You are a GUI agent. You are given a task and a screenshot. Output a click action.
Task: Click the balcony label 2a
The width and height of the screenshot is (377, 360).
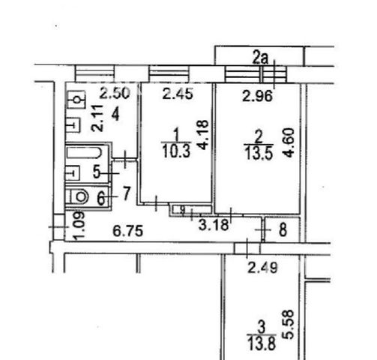260,58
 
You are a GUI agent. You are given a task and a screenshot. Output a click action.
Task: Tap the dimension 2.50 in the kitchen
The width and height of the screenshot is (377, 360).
115,93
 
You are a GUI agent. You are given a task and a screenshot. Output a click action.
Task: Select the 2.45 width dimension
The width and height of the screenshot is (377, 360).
178,94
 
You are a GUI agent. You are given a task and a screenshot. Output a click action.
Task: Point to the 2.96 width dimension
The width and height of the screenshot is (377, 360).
257,96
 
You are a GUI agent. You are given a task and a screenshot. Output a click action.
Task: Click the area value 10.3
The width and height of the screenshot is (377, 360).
176,151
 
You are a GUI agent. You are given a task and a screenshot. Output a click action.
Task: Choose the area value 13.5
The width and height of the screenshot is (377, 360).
259,153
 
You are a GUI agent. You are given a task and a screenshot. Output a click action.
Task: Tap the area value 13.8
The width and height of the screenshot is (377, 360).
262,343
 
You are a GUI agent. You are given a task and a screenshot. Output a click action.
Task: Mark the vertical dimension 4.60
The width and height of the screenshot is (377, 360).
289,142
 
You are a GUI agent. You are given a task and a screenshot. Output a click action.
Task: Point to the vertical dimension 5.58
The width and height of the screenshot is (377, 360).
289,325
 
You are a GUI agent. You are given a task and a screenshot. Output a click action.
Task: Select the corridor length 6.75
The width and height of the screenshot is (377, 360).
128,231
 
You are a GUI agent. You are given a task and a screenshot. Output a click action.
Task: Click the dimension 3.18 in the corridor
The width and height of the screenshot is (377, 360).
214,225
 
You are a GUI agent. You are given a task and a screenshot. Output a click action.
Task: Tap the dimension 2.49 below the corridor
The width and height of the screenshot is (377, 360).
262,268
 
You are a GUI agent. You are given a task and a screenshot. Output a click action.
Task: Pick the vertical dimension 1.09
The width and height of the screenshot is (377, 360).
80,226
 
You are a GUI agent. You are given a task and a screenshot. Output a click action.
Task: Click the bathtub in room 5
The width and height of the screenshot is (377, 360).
85,152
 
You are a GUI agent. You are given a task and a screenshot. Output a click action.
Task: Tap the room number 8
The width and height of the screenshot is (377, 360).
283,230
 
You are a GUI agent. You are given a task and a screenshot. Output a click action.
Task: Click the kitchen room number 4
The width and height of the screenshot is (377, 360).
115,115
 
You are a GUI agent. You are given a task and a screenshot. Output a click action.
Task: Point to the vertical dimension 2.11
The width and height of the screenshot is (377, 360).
97,118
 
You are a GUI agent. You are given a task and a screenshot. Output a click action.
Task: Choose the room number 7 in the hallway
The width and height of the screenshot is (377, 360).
127,193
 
